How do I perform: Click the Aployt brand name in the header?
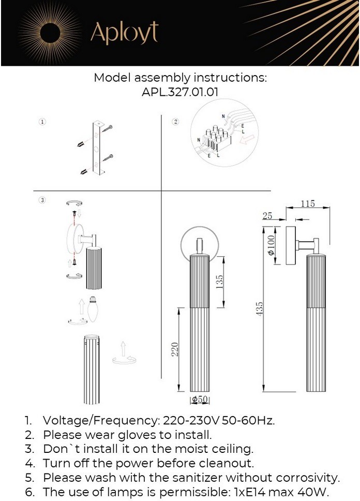(x=124, y=33)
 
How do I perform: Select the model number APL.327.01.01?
(x=180, y=92)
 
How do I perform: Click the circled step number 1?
(x=42, y=122)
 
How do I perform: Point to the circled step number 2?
(x=175, y=122)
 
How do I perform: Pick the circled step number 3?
(x=42, y=200)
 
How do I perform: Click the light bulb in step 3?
(x=93, y=309)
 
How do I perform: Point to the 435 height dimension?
(x=260, y=309)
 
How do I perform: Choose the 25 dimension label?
(x=267, y=216)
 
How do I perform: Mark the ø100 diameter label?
(x=270, y=246)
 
